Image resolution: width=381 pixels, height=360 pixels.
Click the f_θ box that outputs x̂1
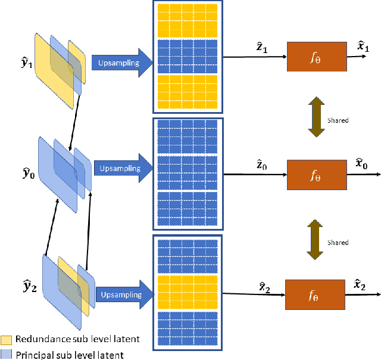316,57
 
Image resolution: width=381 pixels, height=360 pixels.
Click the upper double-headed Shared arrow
315,119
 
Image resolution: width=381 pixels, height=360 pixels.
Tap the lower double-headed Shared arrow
315,241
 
